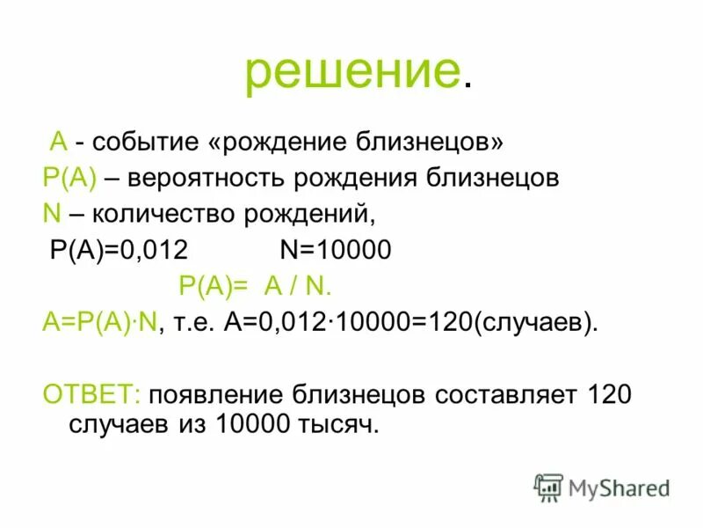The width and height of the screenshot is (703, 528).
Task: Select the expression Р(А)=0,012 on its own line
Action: pyautogui.click(x=119, y=250)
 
